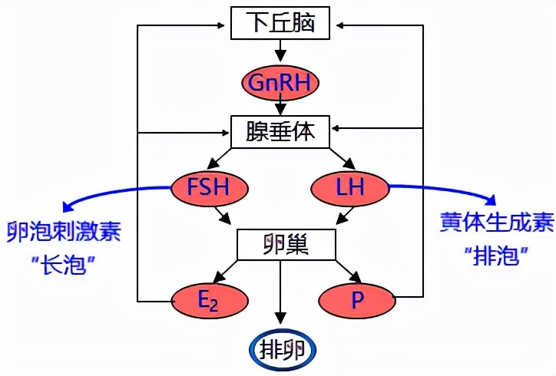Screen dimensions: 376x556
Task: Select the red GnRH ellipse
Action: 280,81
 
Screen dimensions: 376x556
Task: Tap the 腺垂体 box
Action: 280,131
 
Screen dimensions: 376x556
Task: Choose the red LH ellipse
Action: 349,186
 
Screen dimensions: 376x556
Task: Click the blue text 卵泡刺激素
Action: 63,232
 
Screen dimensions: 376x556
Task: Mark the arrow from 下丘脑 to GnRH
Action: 280,51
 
